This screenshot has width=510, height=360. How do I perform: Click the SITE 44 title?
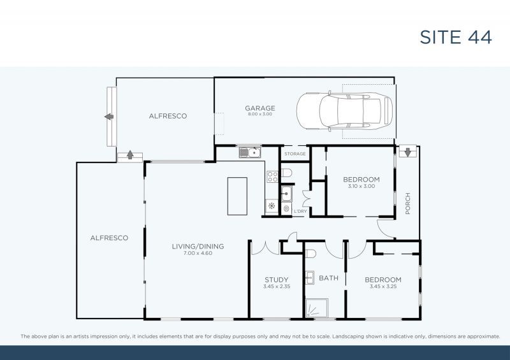pyautogui.click(x=455, y=37)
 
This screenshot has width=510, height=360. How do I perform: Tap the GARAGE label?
pyautogui.click(x=259, y=108)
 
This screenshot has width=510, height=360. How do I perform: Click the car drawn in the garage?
pyautogui.click(x=344, y=112)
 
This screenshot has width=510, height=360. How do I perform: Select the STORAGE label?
pyautogui.click(x=295, y=154)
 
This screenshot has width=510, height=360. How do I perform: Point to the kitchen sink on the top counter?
pyautogui.click(x=249, y=152)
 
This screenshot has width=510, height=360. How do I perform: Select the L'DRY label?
pyautogui.click(x=300, y=211)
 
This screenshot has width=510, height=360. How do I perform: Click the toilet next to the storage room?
pyautogui.click(x=286, y=173)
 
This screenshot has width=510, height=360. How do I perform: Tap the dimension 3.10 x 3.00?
pyautogui.click(x=361, y=186)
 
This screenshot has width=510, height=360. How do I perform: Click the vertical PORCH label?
pyautogui.click(x=407, y=204)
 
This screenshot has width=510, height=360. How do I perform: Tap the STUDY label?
pyautogui.click(x=277, y=279)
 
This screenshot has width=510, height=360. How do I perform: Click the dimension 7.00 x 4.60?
pyautogui.click(x=198, y=253)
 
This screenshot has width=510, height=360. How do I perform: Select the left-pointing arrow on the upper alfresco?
pyautogui.click(x=108, y=117)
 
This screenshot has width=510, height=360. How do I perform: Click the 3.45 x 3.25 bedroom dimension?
pyautogui.click(x=382, y=287)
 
